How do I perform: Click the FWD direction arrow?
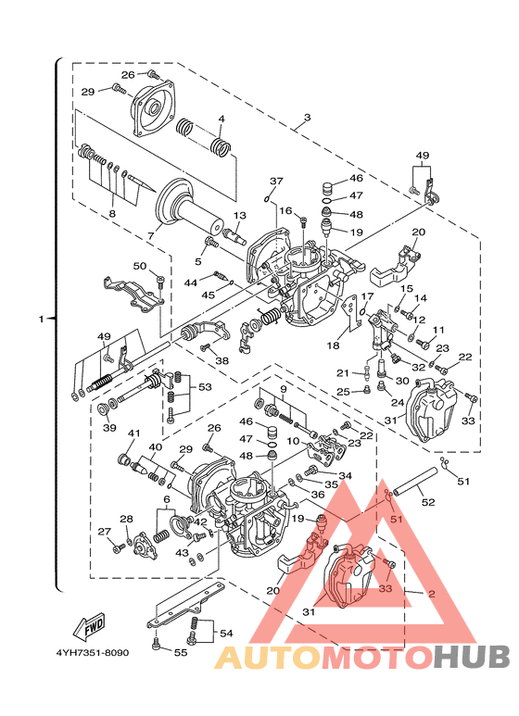click(x=90, y=626)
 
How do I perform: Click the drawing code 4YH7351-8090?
click(x=93, y=652)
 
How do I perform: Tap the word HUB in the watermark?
click(x=471, y=658)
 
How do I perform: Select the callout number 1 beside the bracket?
click(x=41, y=319)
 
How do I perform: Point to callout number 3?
click(x=307, y=118)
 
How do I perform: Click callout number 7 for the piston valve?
click(x=151, y=235)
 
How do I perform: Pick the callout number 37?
click(x=276, y=182)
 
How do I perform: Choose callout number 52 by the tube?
click(x=428, y=502)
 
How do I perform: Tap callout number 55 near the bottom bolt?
click(x=181, y=652)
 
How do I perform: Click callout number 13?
click(x=239, y=216)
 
